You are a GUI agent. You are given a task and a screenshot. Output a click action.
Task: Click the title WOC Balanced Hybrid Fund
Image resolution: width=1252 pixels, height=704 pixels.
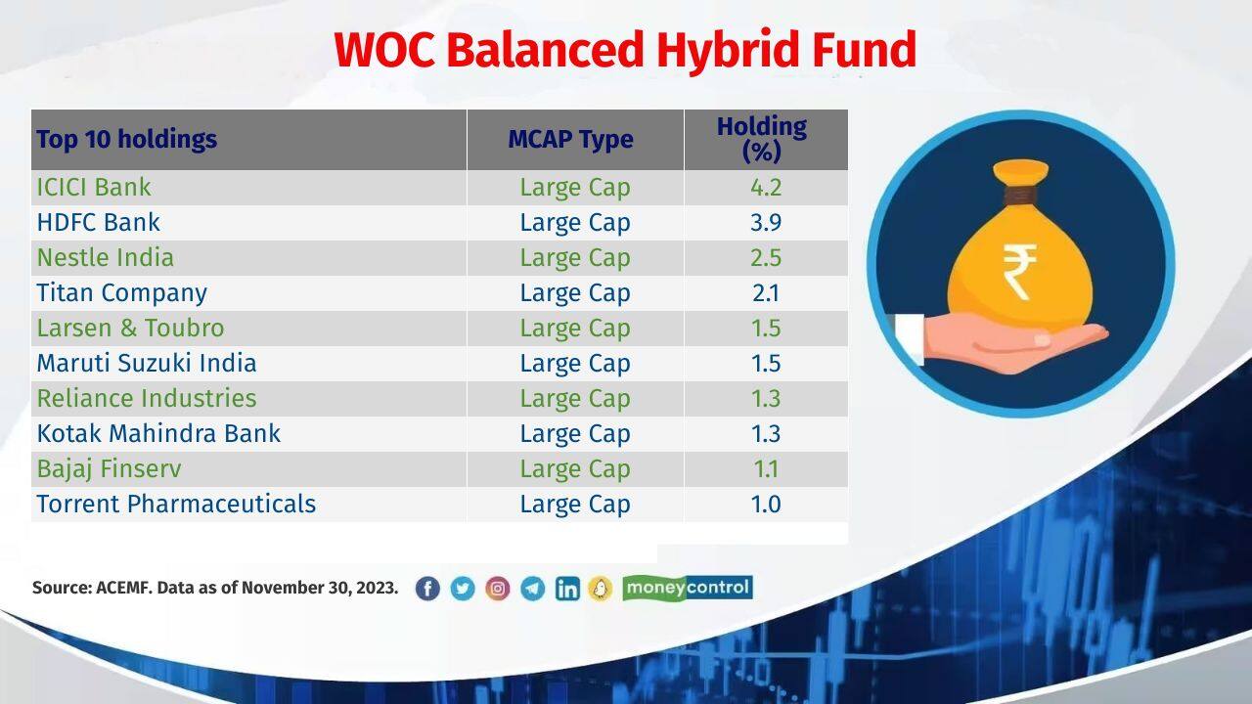tap(625, 50)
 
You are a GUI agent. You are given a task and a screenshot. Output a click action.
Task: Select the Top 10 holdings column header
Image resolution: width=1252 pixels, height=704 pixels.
tap(126, 140)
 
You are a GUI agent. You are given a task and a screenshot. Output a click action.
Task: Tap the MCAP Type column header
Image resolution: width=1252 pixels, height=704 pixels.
tap(570, 140)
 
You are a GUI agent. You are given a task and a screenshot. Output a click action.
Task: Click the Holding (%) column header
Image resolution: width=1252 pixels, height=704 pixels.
tap(762, 140)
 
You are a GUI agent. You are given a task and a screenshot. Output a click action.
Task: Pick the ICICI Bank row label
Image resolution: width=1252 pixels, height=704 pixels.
tap(94, 188)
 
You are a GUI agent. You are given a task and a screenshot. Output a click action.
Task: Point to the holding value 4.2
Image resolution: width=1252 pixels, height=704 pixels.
tap(765, 188)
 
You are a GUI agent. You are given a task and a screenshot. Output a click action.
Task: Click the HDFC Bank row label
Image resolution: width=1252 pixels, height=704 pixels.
tap(98, 223)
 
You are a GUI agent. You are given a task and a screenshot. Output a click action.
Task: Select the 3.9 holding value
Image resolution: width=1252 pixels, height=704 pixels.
tap(765, 223)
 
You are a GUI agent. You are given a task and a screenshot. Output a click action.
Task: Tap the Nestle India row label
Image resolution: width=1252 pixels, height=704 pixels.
tap(105, 258)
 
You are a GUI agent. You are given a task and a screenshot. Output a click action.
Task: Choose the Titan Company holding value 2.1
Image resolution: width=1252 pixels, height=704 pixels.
tap(765, 293)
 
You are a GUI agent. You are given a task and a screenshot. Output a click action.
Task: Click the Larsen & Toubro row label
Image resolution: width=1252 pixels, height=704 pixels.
tap(130, 329)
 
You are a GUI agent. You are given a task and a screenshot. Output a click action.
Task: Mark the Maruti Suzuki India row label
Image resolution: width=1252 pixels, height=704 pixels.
tap(147, 364)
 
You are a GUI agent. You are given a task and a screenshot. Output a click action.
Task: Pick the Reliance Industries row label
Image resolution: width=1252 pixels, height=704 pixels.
tap(147, 399)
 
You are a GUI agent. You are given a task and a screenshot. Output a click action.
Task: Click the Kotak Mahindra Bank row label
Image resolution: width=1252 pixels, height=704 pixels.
tap(158, 434)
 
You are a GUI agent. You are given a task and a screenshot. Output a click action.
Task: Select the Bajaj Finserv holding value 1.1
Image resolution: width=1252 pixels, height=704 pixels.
tap(765, 469)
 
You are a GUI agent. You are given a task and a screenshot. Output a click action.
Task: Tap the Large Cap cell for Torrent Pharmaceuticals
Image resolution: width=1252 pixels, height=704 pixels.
tap(575, 505)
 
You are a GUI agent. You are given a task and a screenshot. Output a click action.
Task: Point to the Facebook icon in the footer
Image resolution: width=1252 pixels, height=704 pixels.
tap(427, 589)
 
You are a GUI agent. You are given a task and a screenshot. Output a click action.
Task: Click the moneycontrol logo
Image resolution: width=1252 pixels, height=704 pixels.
tap(688, 588)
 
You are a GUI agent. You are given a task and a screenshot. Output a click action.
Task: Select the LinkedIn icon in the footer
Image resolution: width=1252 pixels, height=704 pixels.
tap(567, 589)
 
